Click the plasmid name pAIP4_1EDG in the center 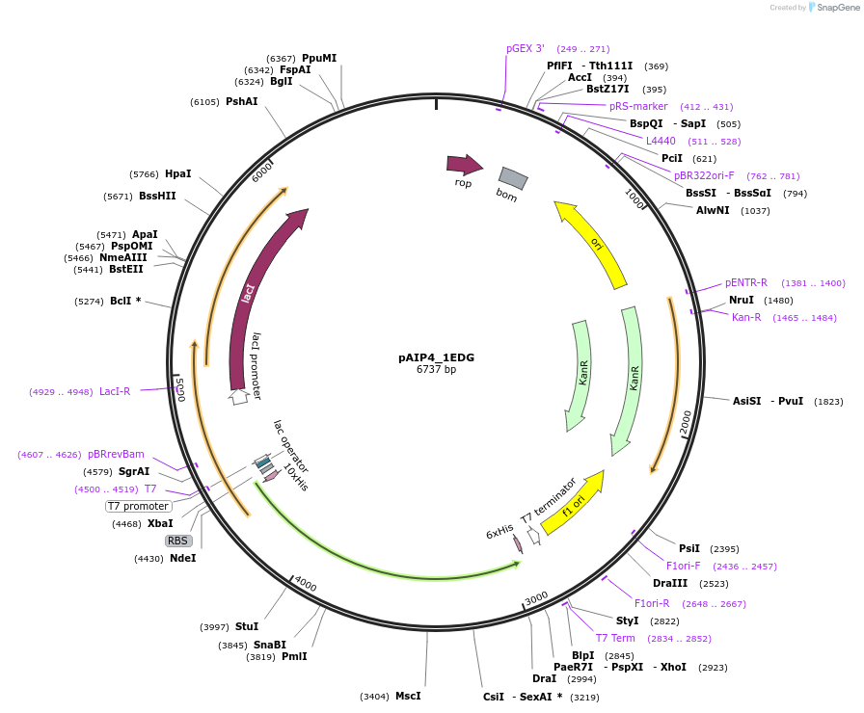[x=436, y=356]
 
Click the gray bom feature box [x=513, y=178]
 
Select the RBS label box [x=177, y=541]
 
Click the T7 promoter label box [x=139, y=506]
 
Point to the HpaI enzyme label [x=177, y=174]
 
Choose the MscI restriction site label [x=408, y=696]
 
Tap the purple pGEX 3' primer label [x=526, y=48]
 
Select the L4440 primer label [x=661, y=141]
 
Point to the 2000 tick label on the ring [x=686, y=422]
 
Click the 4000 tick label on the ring [x=305, y=584]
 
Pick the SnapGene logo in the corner [x=832, y=8]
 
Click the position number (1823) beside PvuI [x=828, y=401]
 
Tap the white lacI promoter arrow [x=238, y=395]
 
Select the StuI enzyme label [x=247, y=626]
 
